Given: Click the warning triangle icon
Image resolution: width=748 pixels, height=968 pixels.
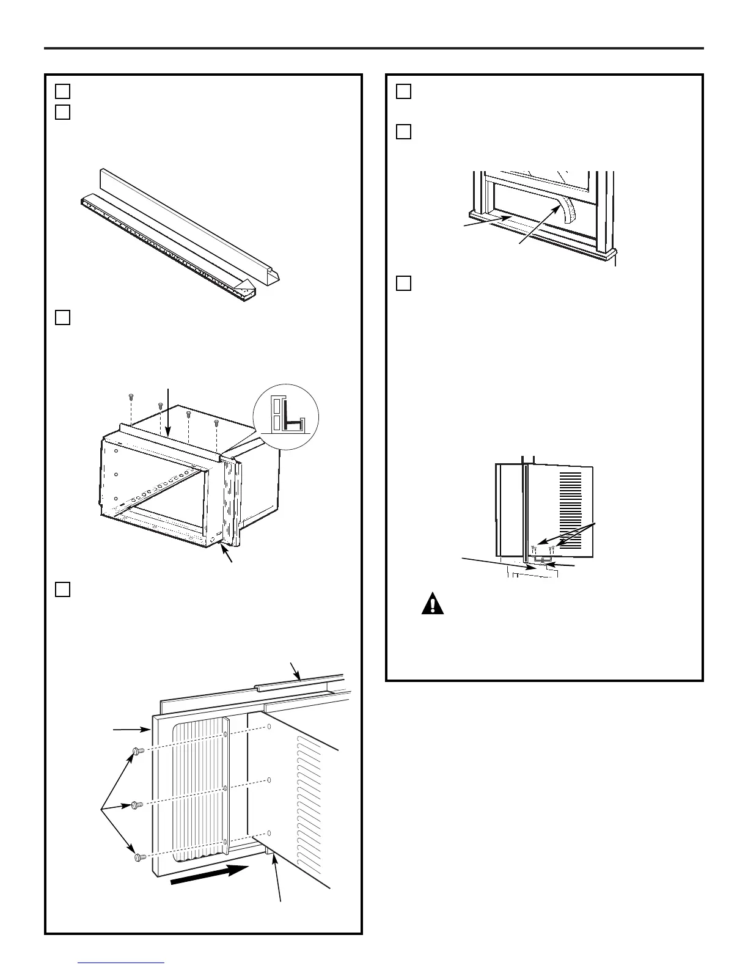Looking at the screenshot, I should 433,604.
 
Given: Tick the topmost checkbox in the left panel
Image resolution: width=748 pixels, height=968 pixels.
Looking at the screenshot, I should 62,91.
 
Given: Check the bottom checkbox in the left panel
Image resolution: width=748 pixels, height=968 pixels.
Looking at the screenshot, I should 62,588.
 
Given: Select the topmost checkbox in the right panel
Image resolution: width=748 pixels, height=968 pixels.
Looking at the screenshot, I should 403,91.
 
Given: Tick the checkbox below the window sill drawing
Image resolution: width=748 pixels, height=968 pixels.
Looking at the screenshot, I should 403,283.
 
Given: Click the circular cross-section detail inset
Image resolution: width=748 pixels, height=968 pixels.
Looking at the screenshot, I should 285,417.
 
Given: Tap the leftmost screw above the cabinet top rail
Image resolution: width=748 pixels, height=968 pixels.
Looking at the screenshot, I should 131,397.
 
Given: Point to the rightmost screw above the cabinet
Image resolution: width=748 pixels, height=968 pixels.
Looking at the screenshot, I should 216,422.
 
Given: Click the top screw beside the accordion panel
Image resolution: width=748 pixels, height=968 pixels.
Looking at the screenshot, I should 137,750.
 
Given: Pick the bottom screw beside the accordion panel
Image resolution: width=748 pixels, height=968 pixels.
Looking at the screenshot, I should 139,857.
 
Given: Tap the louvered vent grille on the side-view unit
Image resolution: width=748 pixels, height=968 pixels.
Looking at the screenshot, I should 570,498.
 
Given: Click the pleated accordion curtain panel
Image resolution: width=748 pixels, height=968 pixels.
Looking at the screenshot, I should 199,794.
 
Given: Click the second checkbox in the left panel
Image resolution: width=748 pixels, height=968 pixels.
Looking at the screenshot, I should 62,112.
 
